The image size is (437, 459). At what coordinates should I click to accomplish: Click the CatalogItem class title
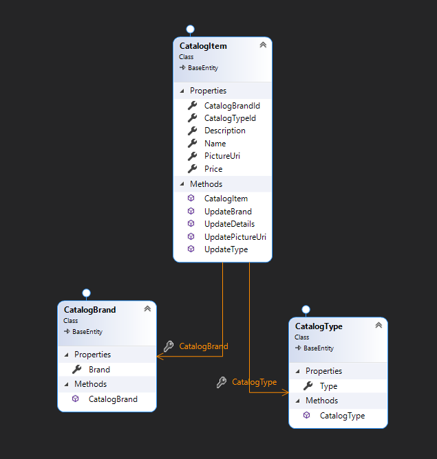click(x=203, y=46)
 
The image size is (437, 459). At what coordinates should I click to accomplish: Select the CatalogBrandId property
click(x=231, y=106)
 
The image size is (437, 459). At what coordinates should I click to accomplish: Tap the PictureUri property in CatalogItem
click(x=222, y=156)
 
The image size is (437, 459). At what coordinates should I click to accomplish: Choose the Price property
click(x=213, y=168)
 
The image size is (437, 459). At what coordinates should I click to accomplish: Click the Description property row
click(x=224, y=131)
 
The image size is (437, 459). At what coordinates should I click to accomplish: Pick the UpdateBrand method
click(x=227, y=212)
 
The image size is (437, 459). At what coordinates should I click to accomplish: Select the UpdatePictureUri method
click(x=235, y=236)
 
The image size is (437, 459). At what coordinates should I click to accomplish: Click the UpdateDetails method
click(x=229, y=224)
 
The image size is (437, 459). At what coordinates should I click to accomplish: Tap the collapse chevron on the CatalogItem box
click(x=262, y=45)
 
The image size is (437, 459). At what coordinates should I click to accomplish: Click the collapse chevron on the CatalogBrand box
click(x=147, y=309)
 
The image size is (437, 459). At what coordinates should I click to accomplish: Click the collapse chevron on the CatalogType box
click(x=378, y=326)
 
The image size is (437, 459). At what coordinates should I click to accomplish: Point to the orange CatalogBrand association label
click(x=203, y=346)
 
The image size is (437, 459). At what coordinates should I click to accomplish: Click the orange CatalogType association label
click(x=254, y=382)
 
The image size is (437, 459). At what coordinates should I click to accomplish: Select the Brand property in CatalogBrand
click(x=99, y=370)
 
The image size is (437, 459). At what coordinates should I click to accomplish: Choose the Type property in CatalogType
click(x=328, y=386)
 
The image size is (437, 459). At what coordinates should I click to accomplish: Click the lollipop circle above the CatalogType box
click(x=306, y=309)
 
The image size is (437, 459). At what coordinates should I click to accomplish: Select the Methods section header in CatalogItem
click(x=206, y=184)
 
